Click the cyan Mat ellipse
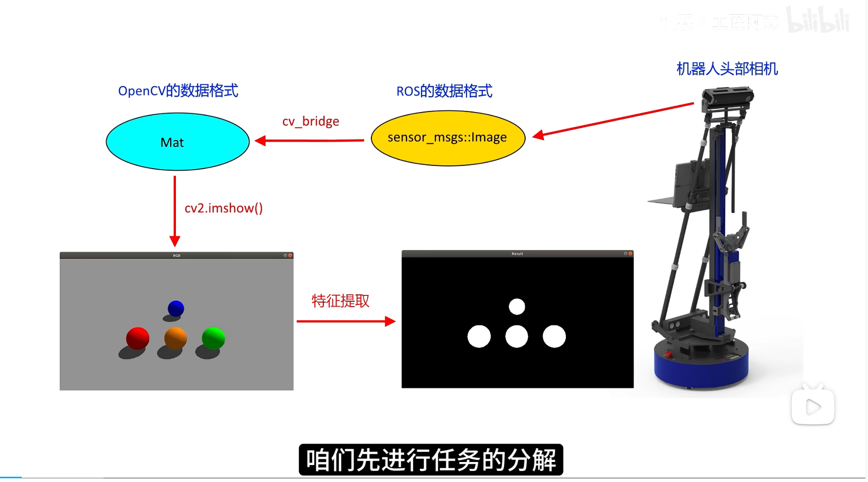coord(178,142)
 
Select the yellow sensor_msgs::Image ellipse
coord(448,138)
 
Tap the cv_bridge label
coord(311,122)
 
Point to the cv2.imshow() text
coord(223,208)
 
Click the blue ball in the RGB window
coord(175,308)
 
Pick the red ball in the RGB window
coord(137,338)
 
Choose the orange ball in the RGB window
coord(175,338)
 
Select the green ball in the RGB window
coord(213,338)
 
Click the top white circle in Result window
coord(517,307)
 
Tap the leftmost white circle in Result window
coord(479,337)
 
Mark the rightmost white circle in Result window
coord(554,337)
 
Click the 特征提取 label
coord(340,301)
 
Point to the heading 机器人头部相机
coord(727,69)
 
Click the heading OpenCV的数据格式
coord(178,91)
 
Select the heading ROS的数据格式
coord(444,91)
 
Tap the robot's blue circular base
coord(701,367)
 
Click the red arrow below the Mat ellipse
coord(175,211)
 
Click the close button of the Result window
coord(630,254)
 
